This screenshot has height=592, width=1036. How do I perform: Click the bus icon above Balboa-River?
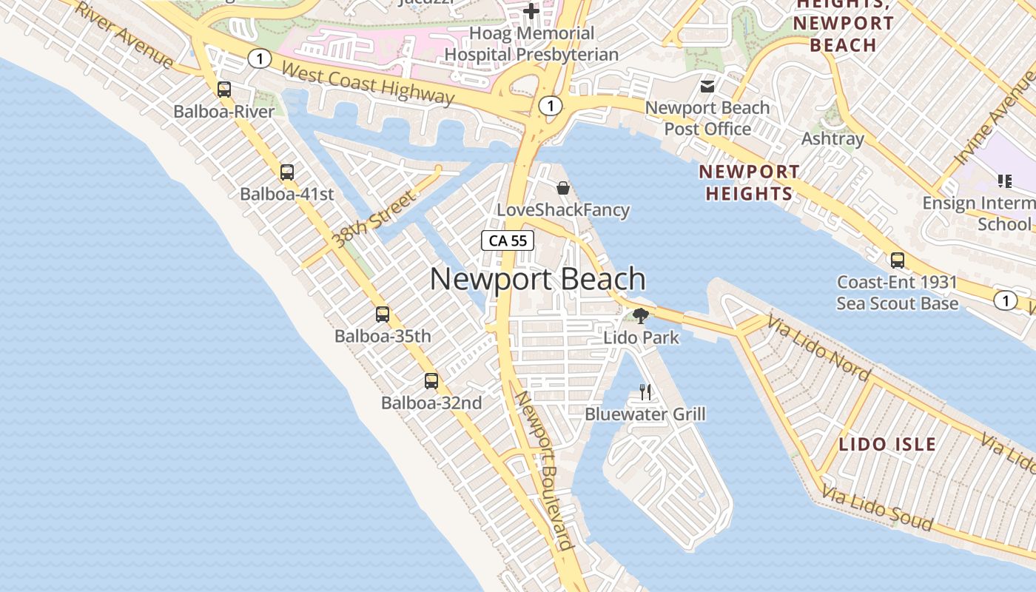point(224,90)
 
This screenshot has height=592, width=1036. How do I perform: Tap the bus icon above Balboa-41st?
point(287,172)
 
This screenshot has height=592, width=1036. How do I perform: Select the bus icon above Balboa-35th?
point(383,314)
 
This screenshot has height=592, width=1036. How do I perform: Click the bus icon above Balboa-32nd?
point(431,381)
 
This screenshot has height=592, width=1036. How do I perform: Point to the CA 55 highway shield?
point(508,240)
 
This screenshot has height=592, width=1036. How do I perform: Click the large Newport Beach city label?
point(537,280)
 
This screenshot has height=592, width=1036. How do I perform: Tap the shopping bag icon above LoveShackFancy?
point(562,188)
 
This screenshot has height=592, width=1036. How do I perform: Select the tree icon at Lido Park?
point(641,316)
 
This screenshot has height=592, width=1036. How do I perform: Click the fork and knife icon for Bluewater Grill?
point(645,391)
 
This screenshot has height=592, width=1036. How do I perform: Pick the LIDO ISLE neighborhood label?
point(887,445)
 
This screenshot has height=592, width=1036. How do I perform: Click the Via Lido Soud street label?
point(877,510)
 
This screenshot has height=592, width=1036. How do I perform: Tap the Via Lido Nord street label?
point(818,348)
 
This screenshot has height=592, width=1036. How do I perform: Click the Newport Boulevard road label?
point(545,470)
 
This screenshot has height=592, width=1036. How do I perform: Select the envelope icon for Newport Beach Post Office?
point(707,87)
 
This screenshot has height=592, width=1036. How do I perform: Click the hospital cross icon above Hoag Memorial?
point(531,11)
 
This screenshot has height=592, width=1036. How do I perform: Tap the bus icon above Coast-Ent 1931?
point(897,260)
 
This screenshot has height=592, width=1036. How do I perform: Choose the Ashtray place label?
point(832,139)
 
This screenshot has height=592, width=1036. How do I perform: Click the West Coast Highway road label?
point(368,83)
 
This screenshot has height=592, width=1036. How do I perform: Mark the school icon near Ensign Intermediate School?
point(1004,181)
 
